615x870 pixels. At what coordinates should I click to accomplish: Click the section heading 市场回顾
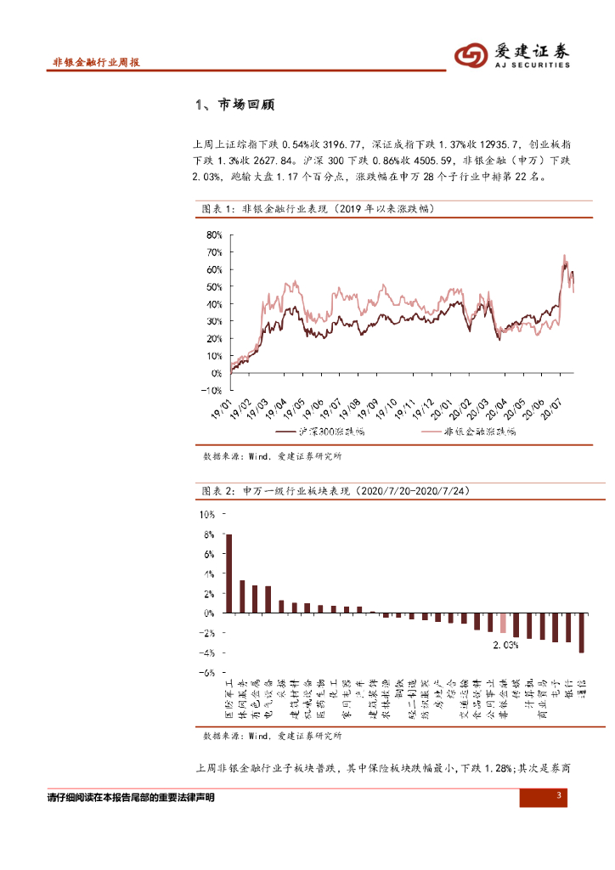246,105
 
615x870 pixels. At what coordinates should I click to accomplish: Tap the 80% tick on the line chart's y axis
212,234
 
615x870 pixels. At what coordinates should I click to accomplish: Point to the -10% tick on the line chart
210,391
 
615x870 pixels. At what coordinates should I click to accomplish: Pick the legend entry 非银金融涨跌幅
481,431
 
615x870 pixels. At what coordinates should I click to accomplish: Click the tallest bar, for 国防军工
229,573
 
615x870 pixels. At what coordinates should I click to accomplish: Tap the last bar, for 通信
582,632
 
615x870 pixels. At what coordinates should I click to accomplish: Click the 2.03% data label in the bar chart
505,645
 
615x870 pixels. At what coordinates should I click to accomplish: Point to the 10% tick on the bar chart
207,514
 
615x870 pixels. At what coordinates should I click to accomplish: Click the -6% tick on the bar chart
207,672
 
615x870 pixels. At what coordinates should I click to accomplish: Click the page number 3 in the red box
559,796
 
